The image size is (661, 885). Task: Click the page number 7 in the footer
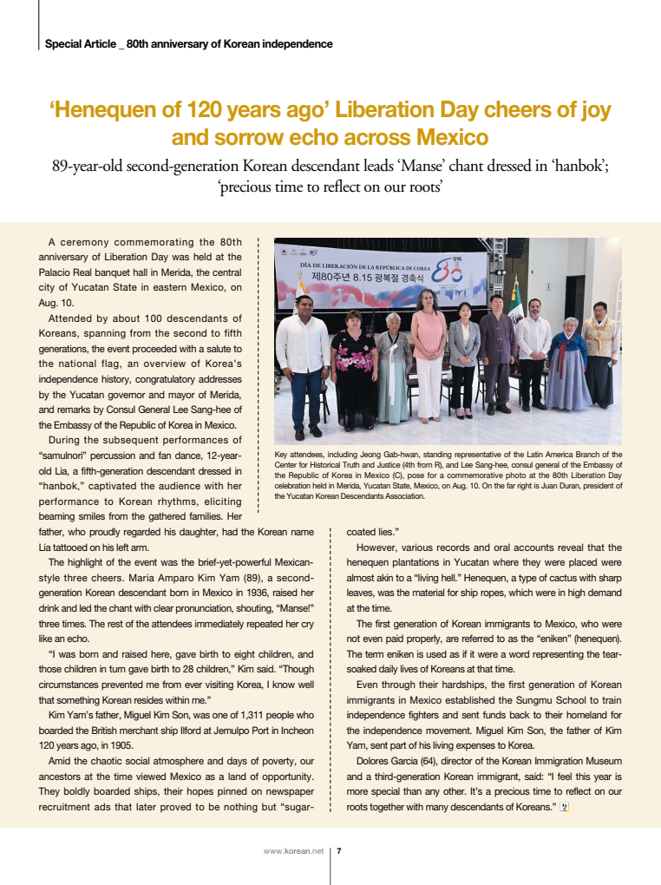pyautogui.click(x=338, y=851)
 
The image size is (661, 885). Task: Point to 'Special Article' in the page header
pyautogui.click(x=79, y=43)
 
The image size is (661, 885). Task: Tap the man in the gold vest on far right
pyautogui.click(x=600, y=356)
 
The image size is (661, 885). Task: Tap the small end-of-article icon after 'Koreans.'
pyautogui.click(x=564, y=807)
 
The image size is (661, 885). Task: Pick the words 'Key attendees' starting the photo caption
pyautogui.click(x=300, y=454)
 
